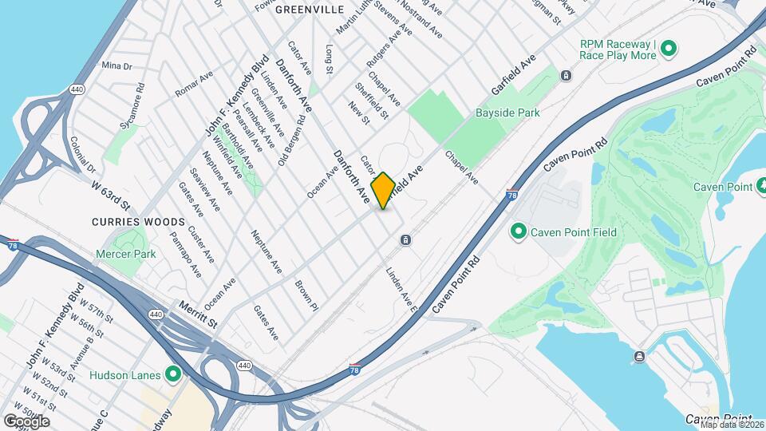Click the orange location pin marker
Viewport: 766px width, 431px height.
[383, 190]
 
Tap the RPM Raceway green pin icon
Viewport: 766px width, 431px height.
[669, 49]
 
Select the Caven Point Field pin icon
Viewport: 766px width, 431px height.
[518, 232]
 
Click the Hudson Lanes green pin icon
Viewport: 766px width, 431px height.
[172, 374]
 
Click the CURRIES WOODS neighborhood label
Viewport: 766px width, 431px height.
[138, 221]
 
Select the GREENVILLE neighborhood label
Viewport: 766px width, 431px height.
[309, 9]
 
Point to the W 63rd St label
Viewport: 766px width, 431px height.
[110, 192]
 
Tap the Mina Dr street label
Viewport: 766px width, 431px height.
[116, 65]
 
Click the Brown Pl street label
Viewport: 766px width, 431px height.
[306, 295]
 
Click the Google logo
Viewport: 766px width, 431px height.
[26, 421]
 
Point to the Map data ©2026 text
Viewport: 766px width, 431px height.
[730, 424]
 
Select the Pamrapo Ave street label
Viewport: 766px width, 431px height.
[185, 255]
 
